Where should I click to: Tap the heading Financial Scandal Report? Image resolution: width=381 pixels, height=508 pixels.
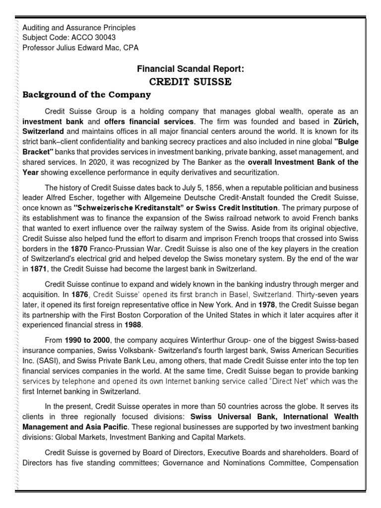(190, 68)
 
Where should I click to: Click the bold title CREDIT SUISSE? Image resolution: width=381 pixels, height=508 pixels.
(190, 82)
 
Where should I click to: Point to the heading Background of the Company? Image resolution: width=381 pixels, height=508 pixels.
(86, 94)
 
